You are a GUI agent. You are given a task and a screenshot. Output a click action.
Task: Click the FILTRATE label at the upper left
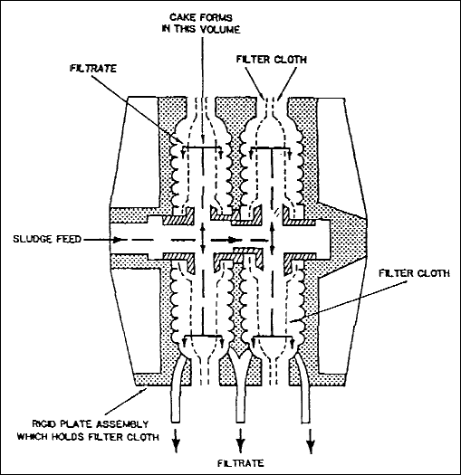[x=93, y=68]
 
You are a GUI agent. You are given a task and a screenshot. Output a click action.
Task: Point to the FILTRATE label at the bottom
[x=241, y=463]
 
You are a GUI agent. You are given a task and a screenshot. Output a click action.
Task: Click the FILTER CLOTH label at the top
[x=272, y=60]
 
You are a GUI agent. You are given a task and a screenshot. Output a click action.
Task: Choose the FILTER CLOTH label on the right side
[x=414, y=273]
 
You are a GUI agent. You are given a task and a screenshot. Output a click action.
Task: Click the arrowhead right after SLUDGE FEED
[x=119, y=240]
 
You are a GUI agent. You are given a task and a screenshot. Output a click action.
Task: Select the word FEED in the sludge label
[x=69, y=239]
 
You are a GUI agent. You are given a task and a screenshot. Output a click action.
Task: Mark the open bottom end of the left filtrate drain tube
[x=176, y=422]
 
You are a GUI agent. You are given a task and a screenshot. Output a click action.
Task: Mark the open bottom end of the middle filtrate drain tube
[x=241, y=422]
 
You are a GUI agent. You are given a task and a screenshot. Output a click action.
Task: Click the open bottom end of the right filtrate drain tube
[x=306, y=422]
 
